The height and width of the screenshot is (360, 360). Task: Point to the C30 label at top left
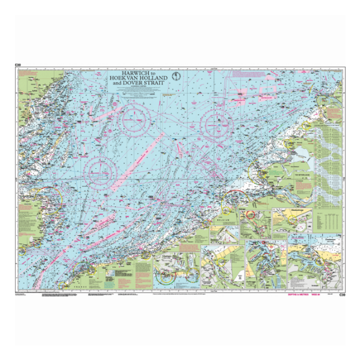[18, 65]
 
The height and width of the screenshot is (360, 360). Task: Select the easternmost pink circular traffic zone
[217, 123]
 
